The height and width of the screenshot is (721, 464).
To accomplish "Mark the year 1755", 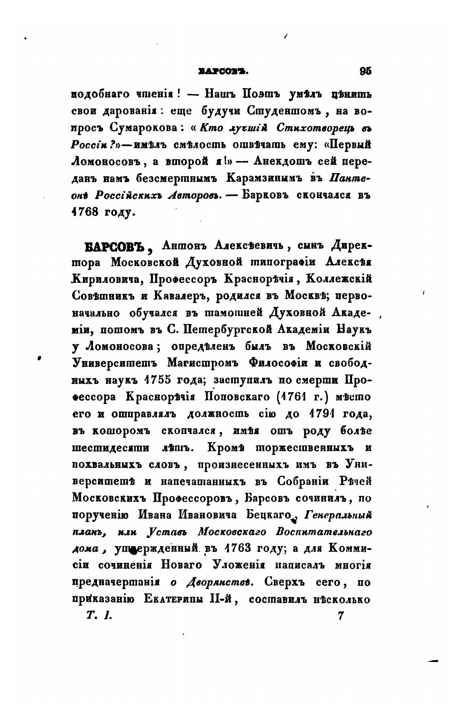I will coord(154,380).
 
